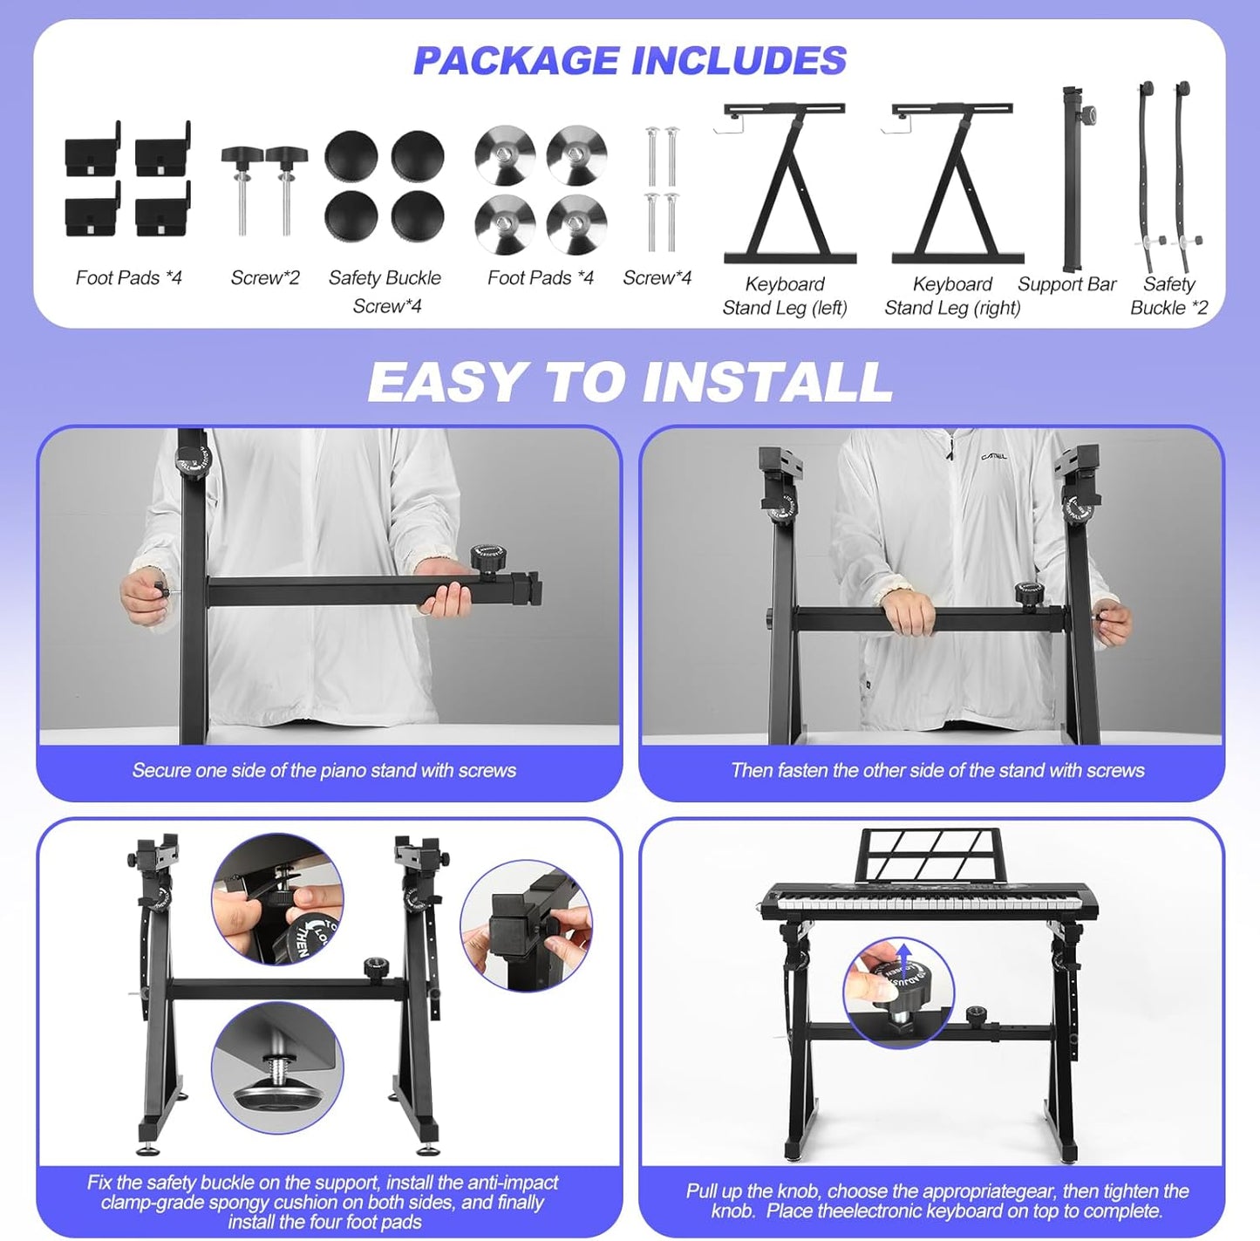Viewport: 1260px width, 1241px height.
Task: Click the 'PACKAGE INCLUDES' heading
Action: pyautogui.click(x=630, y=61)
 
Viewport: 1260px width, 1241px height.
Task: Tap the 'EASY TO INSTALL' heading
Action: pyautogui.click(x=630, y=382)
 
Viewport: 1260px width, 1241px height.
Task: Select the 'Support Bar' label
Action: pyautogui.click(x=1066, y=284)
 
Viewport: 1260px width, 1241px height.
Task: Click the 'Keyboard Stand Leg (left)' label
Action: pyautogui.click(x=785, y=296)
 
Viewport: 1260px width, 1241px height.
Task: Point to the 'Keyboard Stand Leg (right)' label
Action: pyautogui.click(x=952, y=296)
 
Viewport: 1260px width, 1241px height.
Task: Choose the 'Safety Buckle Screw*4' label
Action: pyautogui.click(x=385, y=291)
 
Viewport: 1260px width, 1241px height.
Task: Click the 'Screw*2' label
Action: pyautogui.click(x=265, y=278)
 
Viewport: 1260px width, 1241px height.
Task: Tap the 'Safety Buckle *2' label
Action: pyautogui.click(x=1168, y=296)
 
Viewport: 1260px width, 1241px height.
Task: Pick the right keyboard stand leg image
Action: pyautogui.click(x=957, y=183)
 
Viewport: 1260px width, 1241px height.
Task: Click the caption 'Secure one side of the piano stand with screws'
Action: pyautogui.click(x=324, y=770)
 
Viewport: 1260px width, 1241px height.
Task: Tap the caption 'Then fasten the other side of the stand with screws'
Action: pyautogui.click(x=937, y=770)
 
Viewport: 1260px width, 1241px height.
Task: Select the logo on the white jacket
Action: pyautogui.click(x=994, y=456)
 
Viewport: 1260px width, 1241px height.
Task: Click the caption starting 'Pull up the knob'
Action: pyautogui.click(x=937, y=1201)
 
